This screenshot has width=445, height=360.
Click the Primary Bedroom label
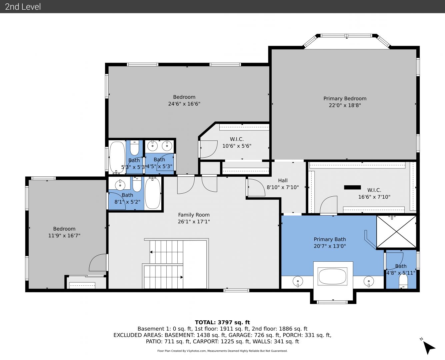point(345,98)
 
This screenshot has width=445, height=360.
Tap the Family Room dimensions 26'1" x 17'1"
point(194,221)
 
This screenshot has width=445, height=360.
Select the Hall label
point(283,180)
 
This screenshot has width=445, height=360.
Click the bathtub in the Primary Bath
point(332,276)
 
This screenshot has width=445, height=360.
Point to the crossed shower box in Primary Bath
point(396,232)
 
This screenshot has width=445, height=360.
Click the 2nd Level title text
point(23,7)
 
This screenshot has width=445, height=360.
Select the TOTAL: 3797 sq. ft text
point(222,322)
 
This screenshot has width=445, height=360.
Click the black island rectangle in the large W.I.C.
point(352,187)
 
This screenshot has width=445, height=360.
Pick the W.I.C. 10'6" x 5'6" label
point(236,142)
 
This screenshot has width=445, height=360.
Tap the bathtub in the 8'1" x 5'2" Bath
point(153,193)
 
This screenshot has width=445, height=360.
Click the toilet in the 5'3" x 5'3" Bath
point(134,148)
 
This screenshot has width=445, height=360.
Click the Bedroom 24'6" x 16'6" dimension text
point(184,104)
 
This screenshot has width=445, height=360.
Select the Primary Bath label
point(330,239)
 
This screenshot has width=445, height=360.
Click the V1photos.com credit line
point(222,351)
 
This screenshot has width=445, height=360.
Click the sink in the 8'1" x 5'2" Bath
point(120,185)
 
